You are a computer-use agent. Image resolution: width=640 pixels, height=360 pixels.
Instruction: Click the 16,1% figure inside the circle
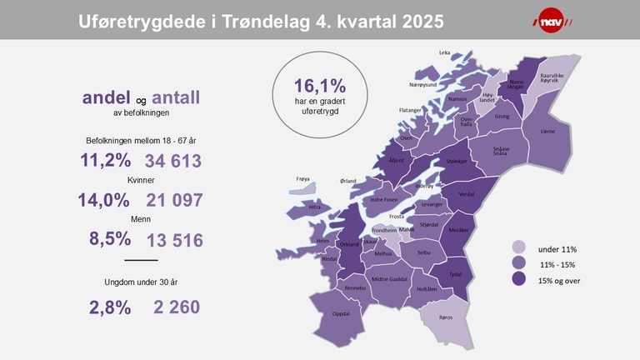click(319, 86)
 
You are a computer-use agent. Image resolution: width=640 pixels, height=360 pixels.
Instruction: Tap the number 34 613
click(173, 161)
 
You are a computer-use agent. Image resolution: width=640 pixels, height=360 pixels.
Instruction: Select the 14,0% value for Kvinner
click(104, 200)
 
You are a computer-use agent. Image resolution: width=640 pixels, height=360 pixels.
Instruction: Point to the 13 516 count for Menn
click(174, 241)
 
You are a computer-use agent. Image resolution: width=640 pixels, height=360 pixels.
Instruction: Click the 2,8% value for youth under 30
click(110, 307)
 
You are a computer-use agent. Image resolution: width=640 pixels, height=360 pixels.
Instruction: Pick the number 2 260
click(177, 307)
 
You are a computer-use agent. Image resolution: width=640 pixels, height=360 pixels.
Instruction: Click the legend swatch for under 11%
click(519, 248)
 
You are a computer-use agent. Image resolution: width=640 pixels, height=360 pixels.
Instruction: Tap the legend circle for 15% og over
click(519, 279)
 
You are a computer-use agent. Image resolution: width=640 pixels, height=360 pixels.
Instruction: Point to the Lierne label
click(547, 131)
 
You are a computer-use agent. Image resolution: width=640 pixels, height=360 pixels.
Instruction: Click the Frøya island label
click(303, 178)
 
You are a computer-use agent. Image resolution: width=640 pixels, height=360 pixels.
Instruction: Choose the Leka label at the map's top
click(444, 52)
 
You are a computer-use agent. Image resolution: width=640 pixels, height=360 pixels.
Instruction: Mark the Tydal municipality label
click(455, 273)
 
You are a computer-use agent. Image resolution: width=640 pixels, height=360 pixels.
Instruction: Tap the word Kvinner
click(141, 180)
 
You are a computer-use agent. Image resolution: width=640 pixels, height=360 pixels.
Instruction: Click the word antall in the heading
click(175, 97)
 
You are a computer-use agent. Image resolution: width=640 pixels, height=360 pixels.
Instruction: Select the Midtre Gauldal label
click(389, 279)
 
